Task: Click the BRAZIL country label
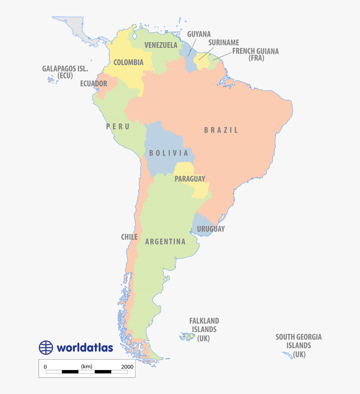tap(221, 130)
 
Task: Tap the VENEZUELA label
tap(161, 45)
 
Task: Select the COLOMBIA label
tap(128, 62)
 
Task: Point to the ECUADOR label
tap(94, 84)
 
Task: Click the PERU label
tap(118, 127)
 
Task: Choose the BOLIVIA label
tap(168, 153)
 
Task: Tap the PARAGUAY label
tap(190, 179)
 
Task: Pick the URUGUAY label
tap(210, 229)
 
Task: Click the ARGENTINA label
tap(165, 241)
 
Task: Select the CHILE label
tap(129, 237)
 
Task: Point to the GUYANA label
tap(199, 34)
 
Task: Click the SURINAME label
tap(223, 42)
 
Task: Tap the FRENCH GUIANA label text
tap(255, 52)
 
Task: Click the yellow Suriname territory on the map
tap(201, 63)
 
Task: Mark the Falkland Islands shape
tap(187, 337)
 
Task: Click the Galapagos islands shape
tap(51, 80)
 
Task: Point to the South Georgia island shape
tap(288, 355)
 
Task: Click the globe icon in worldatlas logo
tap(46, 347)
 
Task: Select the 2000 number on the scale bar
tap(127, 366)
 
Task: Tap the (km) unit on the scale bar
tap(86, 366)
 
